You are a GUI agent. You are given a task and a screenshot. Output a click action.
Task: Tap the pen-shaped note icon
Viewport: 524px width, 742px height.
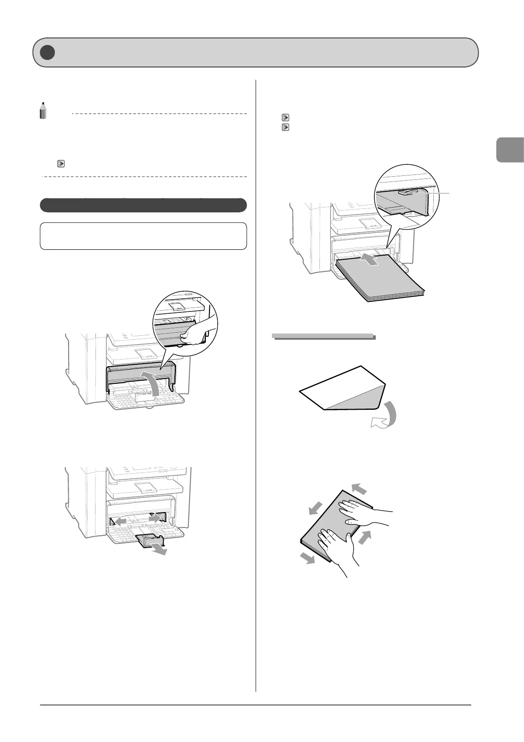click(43, 111)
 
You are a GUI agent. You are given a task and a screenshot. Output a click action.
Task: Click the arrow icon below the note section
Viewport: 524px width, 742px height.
click(61, 164)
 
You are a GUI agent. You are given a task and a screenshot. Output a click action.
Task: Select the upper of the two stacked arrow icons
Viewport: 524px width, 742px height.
click(285, 118)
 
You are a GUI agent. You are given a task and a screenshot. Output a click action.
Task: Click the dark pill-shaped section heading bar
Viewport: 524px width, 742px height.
click(143, 205)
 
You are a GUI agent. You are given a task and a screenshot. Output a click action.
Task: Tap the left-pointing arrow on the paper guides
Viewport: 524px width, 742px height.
click(119, 521)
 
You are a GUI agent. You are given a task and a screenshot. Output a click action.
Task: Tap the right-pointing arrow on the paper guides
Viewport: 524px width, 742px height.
click(155, 519)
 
